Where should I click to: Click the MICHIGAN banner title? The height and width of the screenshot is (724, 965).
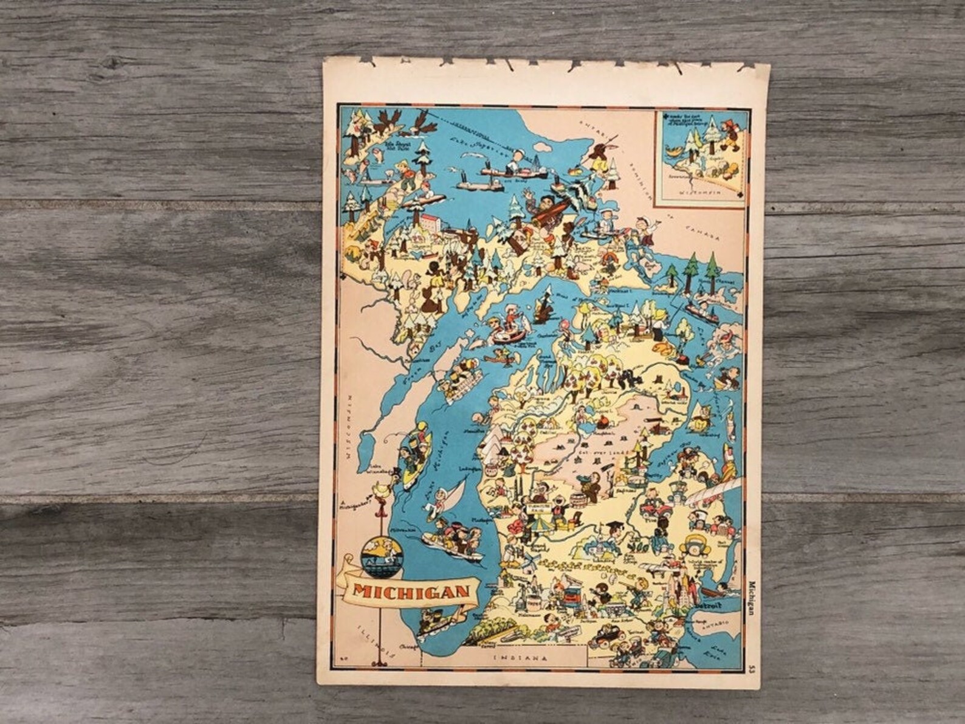click(411, 591)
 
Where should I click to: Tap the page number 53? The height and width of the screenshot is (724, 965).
click(753, 670)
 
